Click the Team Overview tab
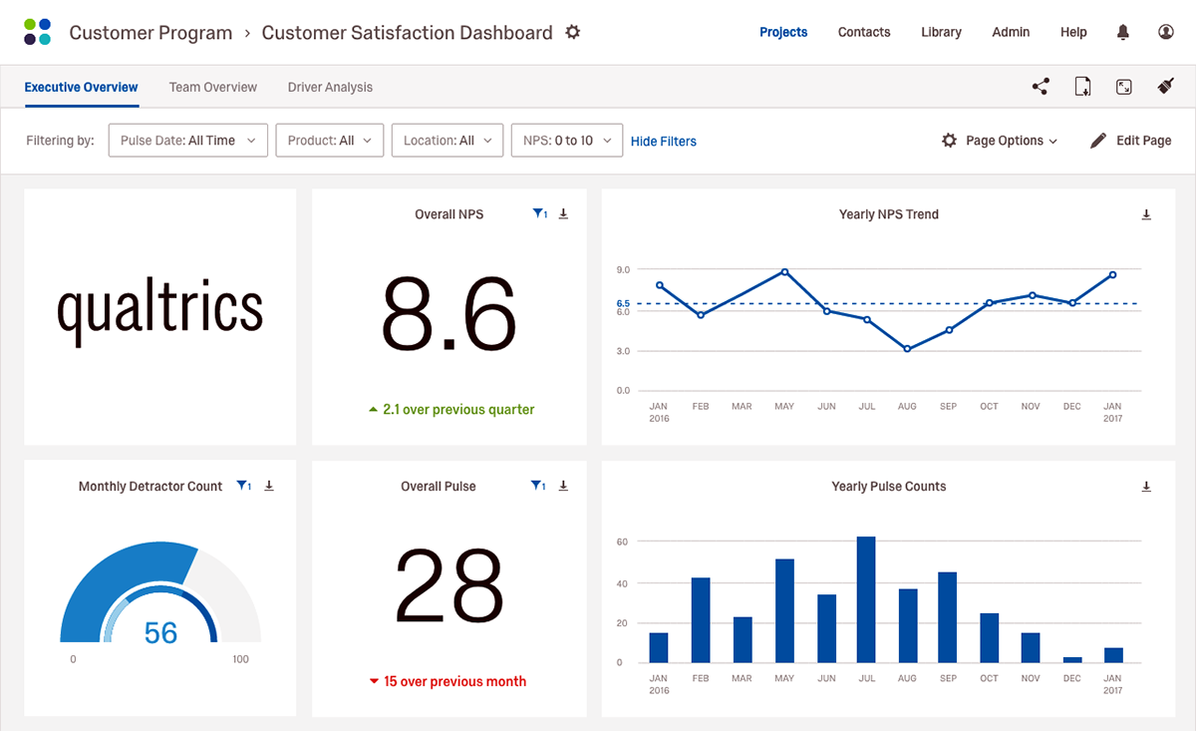[212, 87]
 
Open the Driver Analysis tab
[330, 87]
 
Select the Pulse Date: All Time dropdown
[187, 141]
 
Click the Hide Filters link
[663, 142]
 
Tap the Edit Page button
[1130, 141]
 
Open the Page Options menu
[1000, 141]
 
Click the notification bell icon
[1123, 32]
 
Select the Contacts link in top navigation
[863, 32]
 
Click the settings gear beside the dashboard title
[572, 32]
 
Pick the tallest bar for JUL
[866, 599]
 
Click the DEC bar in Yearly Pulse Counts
[1071, 659]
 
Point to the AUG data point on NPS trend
[907, 349]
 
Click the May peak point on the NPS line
[784, 271]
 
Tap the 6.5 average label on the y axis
[623, 303]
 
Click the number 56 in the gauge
[160, 632]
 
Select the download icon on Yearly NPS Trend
[1146, 214]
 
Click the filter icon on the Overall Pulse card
[538, 486]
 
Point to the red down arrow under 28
[374, 681]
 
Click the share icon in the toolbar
[1041, 87]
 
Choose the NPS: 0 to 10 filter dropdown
[566, 141]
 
